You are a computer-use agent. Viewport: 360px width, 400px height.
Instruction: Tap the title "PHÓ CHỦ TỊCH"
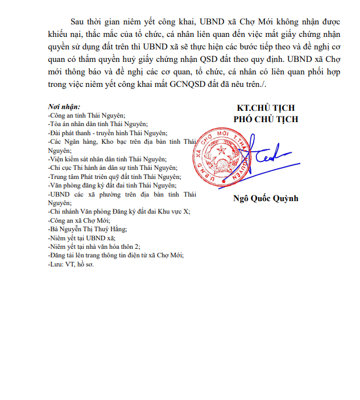pyautogui.click(x=266, y=119)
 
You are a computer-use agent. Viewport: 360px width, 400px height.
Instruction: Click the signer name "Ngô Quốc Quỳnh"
pyautogui.click(x=266, y=198)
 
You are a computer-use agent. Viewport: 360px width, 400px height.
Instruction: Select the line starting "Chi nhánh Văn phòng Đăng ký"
pyautogui.click(x=119, y=211)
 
